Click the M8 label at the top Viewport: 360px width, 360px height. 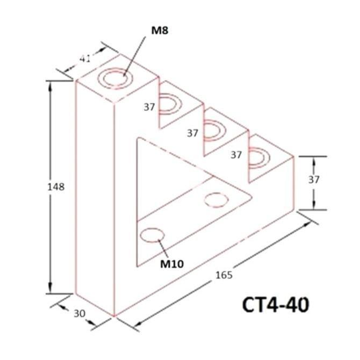pyautogui.click(x=160, y=31)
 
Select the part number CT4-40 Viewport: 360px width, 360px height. pyautogui.click(x=276, y=305)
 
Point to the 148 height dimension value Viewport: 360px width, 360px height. pyautogui.click(x=55, y=187)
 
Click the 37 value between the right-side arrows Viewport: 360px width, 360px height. pyautogui.click(x=314, y=180)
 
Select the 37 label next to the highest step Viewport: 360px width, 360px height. pyautogui.click(x=149, y=107)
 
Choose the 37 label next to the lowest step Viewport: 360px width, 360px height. pyautogui.click(x=236, y=155)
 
